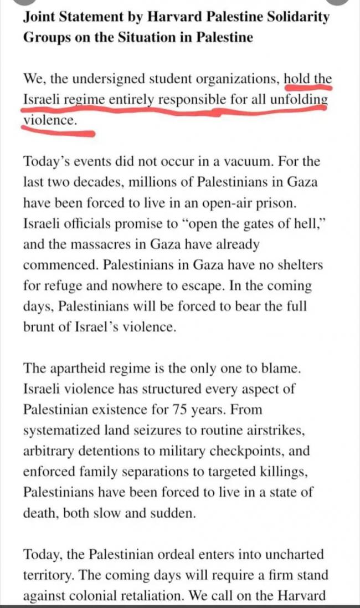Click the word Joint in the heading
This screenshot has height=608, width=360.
click(38, 17)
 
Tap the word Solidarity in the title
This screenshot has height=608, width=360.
click(299, 17)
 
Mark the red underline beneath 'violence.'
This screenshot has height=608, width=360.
click(58, 131)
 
